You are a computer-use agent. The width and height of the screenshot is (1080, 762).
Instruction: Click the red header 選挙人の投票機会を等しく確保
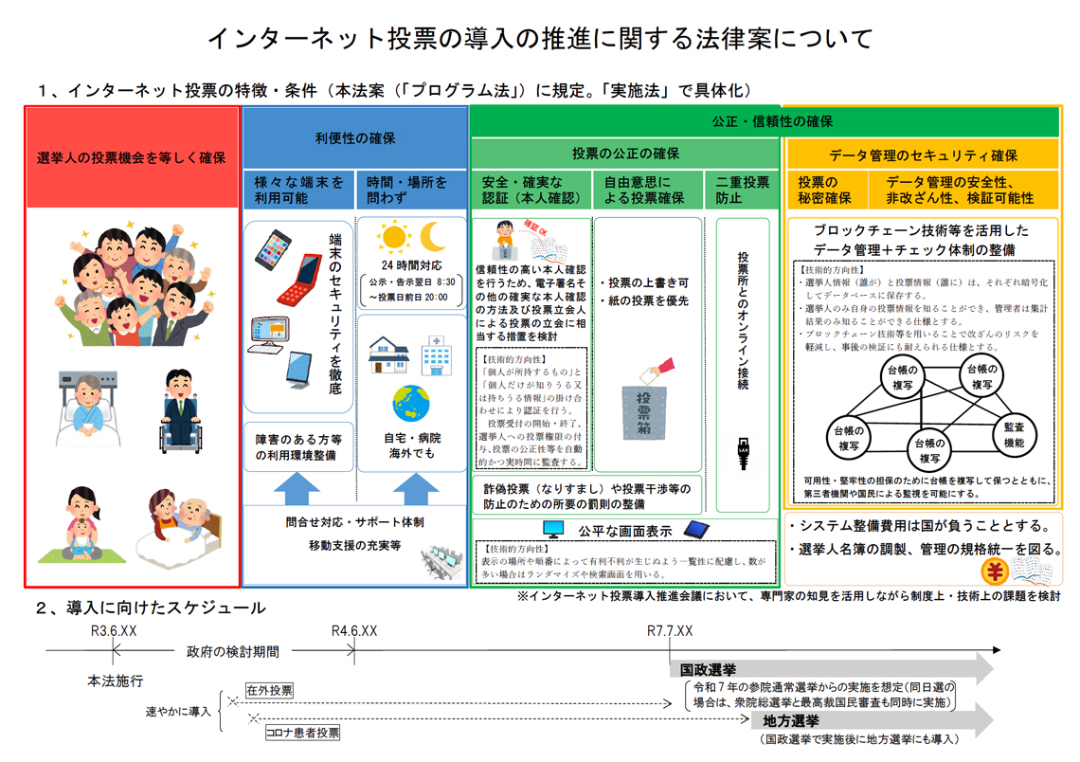coord(132,157)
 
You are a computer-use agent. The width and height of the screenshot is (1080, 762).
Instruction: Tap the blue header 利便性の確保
coord(355,138)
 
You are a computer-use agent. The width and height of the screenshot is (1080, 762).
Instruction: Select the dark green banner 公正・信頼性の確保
coord(772,121)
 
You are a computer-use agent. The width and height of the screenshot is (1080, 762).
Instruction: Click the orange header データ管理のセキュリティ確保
coord(923,155)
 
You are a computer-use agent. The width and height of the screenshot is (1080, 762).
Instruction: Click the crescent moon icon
coord(432,235)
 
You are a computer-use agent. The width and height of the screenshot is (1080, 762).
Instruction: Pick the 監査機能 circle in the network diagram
coord(1013,435)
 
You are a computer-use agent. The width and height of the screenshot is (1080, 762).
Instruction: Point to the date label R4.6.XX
coord(354,631)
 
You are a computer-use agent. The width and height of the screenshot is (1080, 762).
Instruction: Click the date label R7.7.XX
coord(670,631)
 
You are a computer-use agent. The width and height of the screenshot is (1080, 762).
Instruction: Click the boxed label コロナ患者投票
coord(302,732)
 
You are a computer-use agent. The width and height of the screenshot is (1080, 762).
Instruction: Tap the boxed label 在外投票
coord(269,691)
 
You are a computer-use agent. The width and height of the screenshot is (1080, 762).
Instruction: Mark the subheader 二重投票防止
coord(743,190)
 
